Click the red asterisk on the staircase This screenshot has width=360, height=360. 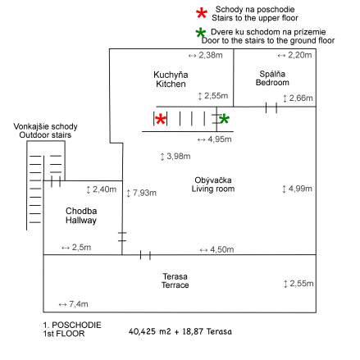pos(161,120)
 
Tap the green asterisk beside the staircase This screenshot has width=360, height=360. pos(224,119)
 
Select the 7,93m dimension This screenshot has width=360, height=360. pos(141,193)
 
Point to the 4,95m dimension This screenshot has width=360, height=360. pos(214,139)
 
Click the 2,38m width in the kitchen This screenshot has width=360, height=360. pos(205,55)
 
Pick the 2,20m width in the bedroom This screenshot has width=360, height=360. pos(294,55)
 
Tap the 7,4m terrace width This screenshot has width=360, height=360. pos(73,304)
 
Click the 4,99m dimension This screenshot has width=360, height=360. pos(297,189)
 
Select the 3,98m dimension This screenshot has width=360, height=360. pos(175,157)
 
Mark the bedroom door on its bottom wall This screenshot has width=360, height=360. pos(271,107)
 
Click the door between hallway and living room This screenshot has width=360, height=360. pos(122,237)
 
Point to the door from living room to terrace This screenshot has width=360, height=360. pos(145,255)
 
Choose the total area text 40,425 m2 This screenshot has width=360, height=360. pos(150,331)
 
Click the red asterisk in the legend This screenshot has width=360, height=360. pos(202,13)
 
